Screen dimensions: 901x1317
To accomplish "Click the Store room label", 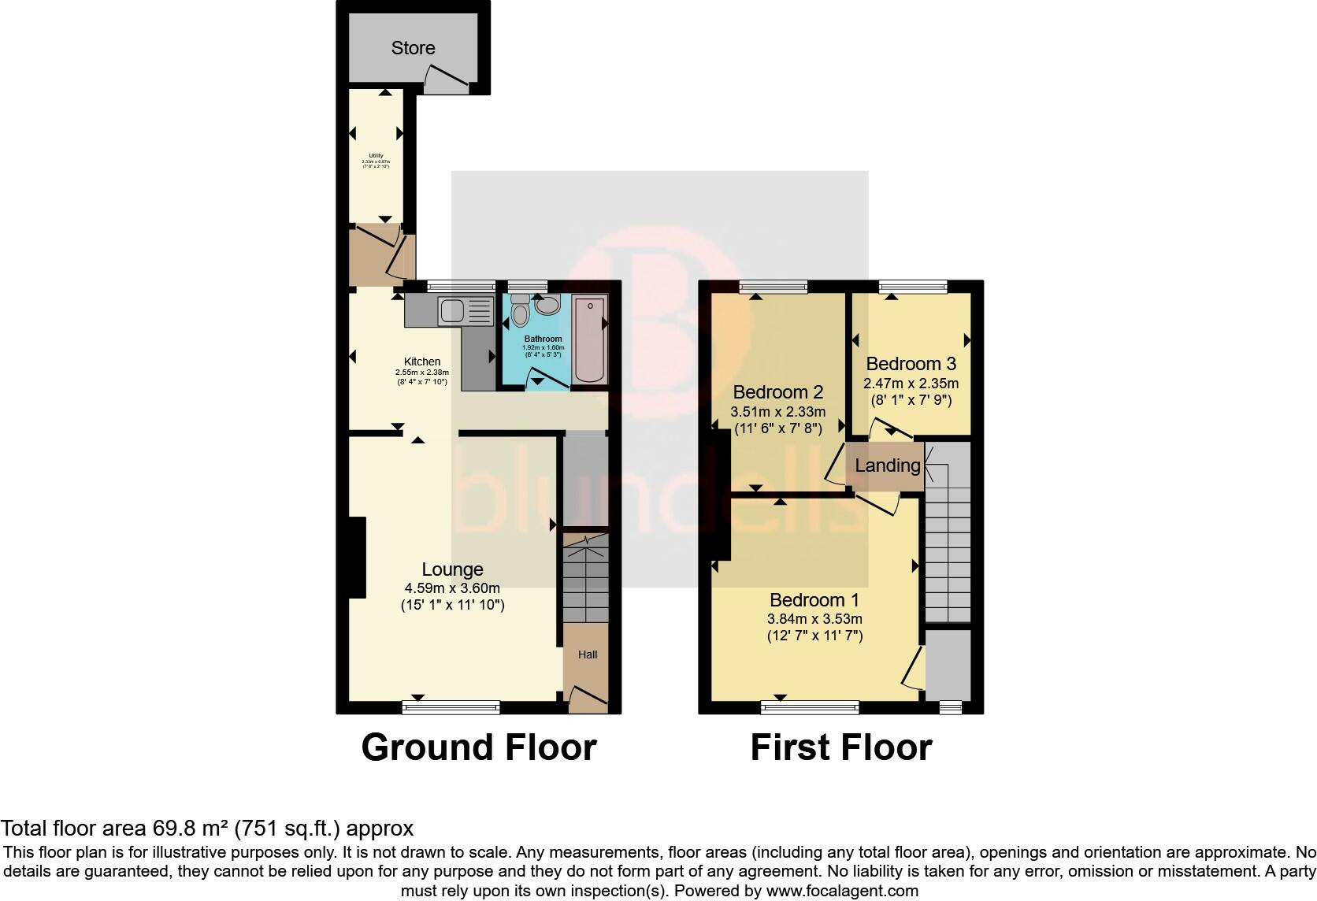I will click(413, 48).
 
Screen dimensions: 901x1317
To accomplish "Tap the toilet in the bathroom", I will click(520, 313).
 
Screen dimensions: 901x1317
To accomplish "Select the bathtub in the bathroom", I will click(590, 339).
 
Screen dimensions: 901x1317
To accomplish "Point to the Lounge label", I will click(452, 569).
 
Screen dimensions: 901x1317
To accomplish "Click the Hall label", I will click(588, 654).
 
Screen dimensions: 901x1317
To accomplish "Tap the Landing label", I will click(888, 465).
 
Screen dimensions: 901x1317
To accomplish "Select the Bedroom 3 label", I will click(911, 364).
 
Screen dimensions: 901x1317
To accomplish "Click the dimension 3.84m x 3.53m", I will click(814, 619).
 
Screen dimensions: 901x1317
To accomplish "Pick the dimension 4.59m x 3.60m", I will click(452, 588).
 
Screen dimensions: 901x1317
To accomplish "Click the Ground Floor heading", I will click(478, 747).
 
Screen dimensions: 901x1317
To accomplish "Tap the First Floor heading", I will click(840, 747).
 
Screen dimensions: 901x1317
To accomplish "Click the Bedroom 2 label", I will click(777, 392).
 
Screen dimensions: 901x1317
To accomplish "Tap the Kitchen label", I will click(422, 362).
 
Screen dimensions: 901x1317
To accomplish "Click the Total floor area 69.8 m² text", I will click(206, 829).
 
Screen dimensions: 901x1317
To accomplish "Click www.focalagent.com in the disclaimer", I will click(842, 892).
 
